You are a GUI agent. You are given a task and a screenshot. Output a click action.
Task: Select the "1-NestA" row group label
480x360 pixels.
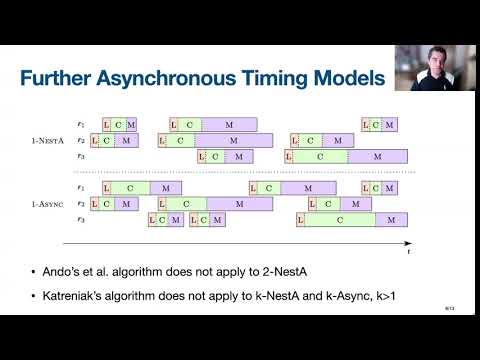click(49, 141)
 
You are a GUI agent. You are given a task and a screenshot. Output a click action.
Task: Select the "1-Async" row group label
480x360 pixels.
click(49, 204)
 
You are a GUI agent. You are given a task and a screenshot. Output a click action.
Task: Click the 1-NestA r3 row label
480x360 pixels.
click(82, 157)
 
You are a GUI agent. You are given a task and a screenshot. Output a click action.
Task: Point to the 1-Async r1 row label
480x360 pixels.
click(82, 188)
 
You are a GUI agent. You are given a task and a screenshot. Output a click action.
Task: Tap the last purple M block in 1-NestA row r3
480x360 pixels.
click(380, 157)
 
